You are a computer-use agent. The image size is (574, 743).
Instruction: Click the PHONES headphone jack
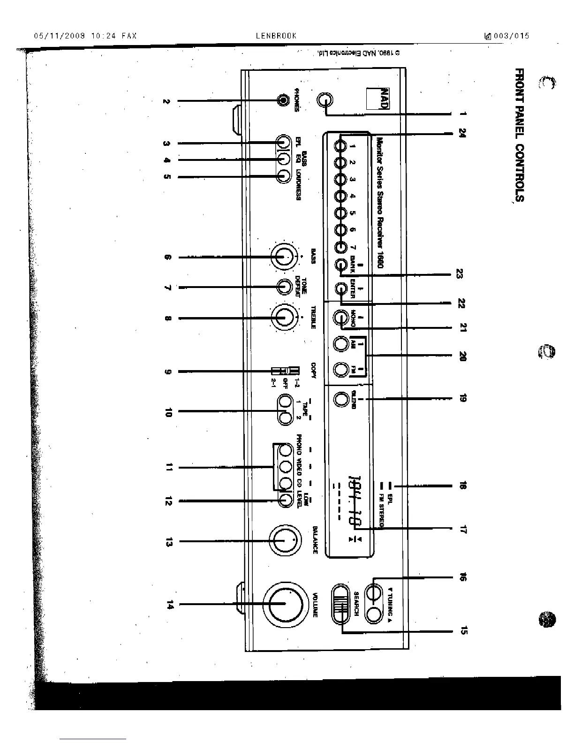point(283,100)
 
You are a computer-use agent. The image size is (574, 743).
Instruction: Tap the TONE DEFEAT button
point(284,287)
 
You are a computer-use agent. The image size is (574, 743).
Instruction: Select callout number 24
point(462,133)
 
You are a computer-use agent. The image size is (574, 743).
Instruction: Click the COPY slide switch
point(285,371)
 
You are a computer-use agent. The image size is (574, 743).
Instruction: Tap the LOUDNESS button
point(283,176)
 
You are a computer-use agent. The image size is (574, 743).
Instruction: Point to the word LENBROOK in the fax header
point(276,36)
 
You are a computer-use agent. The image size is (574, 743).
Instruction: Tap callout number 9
point(168,372)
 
